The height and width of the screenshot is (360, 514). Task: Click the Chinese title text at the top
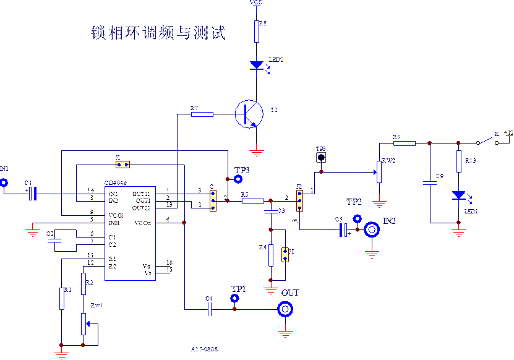158,33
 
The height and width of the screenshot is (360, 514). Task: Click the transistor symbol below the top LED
249,114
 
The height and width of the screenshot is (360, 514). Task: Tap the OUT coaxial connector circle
285,309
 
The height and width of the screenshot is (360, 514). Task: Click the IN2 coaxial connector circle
372,230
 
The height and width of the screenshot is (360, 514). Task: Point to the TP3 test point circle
238,179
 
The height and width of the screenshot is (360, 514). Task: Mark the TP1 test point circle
234,298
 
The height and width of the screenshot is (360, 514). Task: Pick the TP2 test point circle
357,218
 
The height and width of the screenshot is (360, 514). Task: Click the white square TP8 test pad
321,157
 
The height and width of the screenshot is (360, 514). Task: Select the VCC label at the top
256,4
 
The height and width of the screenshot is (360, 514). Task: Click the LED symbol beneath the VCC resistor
257,66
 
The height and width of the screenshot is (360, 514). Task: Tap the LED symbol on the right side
458,195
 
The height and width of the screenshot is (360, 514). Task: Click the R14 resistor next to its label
458,161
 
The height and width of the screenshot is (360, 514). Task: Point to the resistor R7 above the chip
202,114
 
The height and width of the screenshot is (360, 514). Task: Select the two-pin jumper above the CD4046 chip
122,165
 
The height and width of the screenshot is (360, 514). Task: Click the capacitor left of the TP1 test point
209,308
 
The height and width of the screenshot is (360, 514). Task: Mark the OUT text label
291,292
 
